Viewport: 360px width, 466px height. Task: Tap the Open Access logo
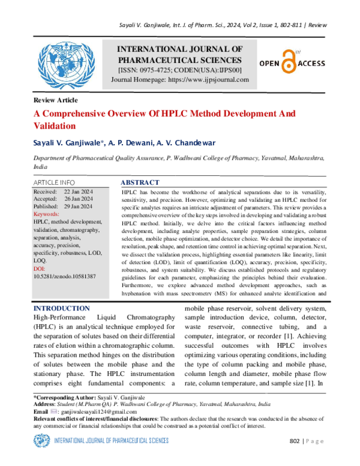(292, 62)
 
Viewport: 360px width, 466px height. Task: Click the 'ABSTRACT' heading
(140, 182)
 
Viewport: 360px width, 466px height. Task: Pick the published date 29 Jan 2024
(80, 206)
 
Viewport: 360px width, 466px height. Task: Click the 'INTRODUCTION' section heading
(61, 308)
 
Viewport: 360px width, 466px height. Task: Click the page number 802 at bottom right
(295, 441)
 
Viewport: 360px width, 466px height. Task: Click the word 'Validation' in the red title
(55, 126)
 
